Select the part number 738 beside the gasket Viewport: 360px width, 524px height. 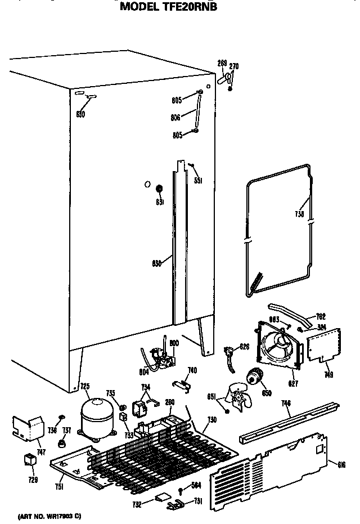coord(300,214)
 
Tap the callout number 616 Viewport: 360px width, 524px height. coord(341,464)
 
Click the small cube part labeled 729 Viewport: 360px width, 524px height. coord(29,460)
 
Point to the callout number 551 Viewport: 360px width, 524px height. coord(197,181)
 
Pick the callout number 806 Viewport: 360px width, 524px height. coord(176,117)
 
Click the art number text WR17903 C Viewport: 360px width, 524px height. coord(49,516)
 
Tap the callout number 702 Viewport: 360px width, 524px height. coord(321,317)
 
